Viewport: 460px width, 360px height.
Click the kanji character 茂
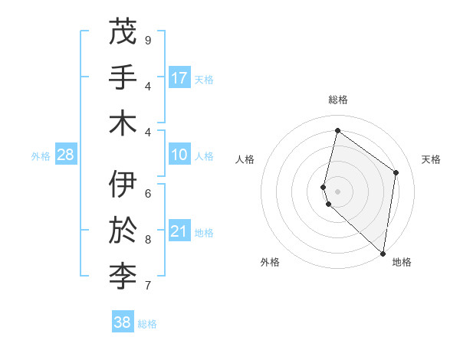tap(123, 32)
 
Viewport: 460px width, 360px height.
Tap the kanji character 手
tap(123, 77)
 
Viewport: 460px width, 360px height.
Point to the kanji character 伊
tap(123, 185)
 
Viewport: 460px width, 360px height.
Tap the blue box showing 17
tap(179, 78)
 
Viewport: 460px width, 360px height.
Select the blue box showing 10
tap(179, 155)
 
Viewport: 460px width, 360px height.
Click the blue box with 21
tap(179, 232)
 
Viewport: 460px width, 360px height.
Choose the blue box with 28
tap(66, 155)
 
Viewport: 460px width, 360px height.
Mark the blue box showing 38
tap(123, 322)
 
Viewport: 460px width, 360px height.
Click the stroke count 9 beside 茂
tap(148, 41)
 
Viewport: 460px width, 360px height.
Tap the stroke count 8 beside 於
tap(148, 239)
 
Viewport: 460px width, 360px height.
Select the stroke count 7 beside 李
tap(148, 286)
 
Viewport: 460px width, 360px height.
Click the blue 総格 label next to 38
tap(147, 324)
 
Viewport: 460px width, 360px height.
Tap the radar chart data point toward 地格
tap(383, 254)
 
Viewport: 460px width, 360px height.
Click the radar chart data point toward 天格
tap(396, 172)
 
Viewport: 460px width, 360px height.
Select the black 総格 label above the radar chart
tap(338, 100)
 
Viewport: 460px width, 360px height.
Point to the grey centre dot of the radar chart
tap(338, 191)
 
